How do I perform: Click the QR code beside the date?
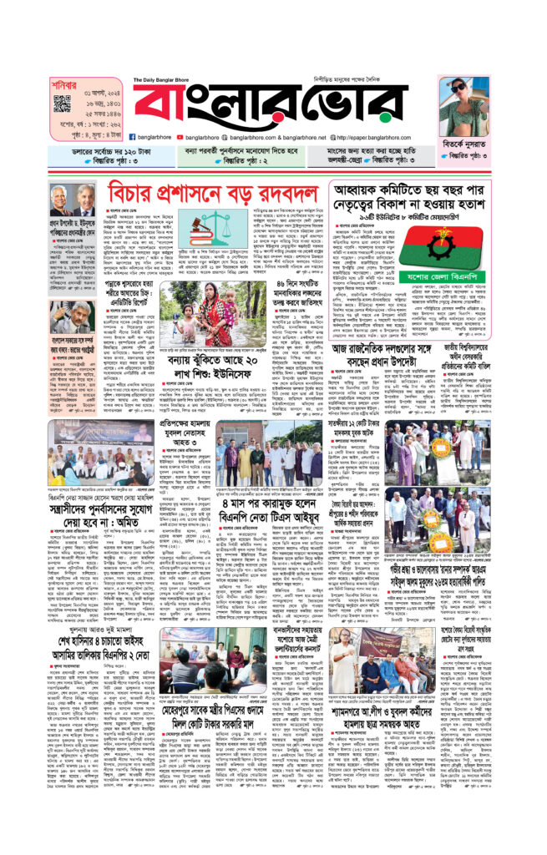[x=61, y=104]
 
